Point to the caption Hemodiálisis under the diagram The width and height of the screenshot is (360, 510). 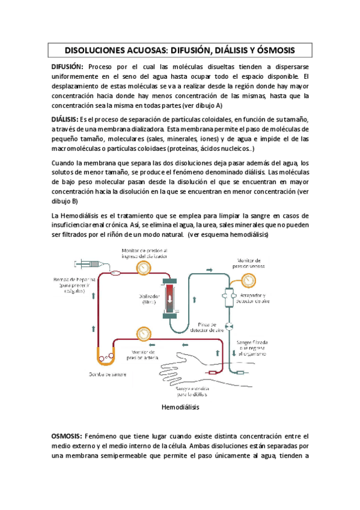click(180, 407)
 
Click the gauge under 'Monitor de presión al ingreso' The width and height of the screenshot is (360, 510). click(143, 265)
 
